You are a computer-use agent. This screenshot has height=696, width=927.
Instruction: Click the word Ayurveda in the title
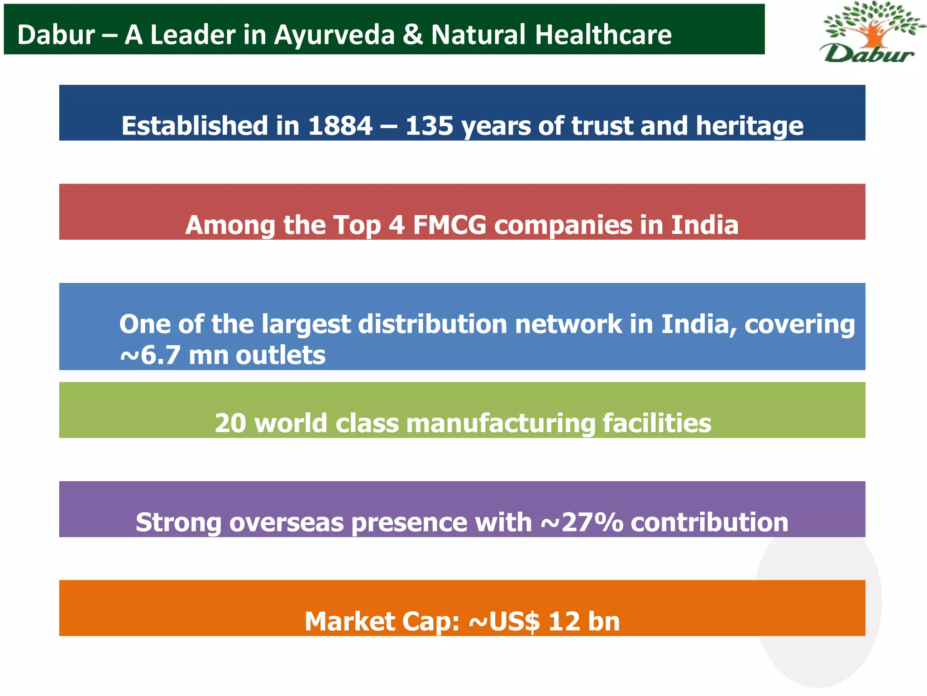(334, 35)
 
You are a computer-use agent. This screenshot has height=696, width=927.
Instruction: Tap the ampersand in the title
(412, 35)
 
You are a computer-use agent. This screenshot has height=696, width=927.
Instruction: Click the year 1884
(340, 126)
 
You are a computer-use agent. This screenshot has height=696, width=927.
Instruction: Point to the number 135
(429, 126)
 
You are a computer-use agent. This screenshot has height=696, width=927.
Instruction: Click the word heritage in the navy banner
(750, 126)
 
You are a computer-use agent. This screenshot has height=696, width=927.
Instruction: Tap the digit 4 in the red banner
(397, 225)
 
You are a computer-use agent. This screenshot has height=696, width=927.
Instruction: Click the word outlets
(281, 355)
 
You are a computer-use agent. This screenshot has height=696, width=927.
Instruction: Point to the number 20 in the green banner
(231, 423)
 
